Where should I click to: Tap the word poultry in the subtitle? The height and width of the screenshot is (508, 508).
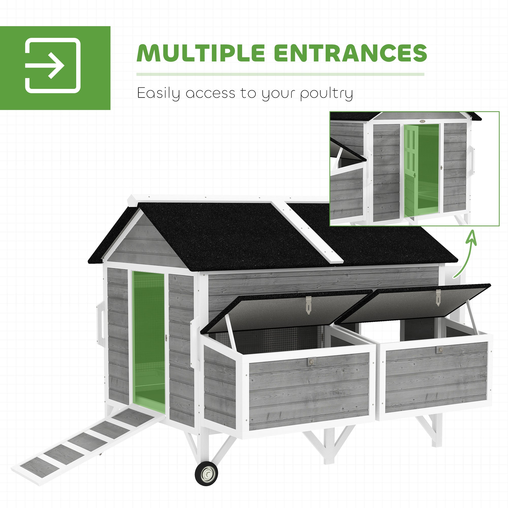326,94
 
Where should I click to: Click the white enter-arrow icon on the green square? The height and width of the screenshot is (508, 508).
53,66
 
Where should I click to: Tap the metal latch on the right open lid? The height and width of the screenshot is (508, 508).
438,298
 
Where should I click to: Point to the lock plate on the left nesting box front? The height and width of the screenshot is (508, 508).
311,362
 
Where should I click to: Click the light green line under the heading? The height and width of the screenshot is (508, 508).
280,74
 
